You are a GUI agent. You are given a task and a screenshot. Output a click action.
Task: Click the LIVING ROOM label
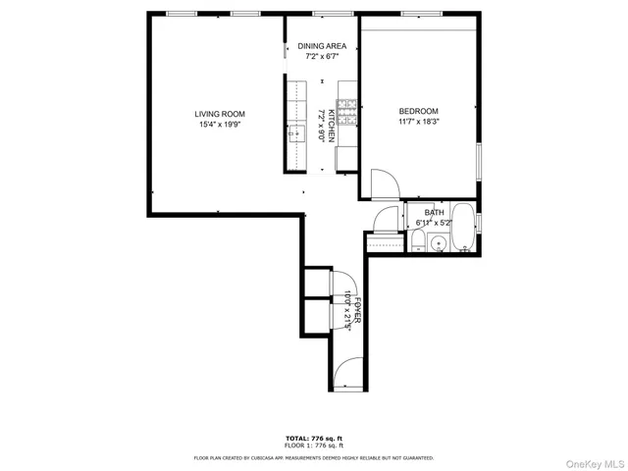click(x=219, y=114)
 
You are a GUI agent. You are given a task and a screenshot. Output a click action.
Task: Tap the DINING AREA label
click(x=323, y=46)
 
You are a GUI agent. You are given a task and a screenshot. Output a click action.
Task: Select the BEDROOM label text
click(x=418, y=111)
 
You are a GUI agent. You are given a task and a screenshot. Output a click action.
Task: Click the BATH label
click(x=435, y=213)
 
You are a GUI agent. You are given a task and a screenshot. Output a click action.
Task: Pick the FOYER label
click(x=359, y=310)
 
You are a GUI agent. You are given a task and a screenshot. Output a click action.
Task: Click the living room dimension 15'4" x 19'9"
click(x=219, y=125)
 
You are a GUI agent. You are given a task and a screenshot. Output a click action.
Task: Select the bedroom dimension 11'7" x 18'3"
click(x=418, y=122)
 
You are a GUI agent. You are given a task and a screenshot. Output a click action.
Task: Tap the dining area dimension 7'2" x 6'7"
click(x=323, y=57)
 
